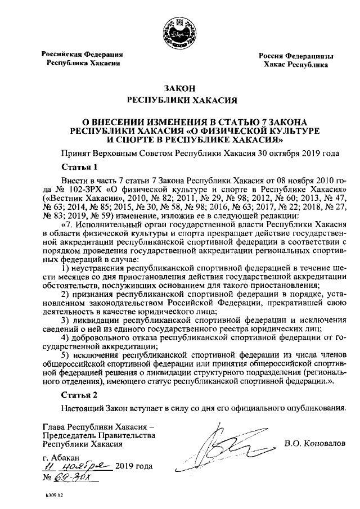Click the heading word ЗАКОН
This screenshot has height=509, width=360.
[x=179, y=88]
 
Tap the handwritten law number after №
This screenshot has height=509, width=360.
[x=76, y=478]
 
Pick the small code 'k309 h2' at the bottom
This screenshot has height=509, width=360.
[x=55, y=498]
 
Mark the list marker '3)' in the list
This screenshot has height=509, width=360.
[x=65, y=321]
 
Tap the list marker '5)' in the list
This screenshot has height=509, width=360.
[x=65, y=355]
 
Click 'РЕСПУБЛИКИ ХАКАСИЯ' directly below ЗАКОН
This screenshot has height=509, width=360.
[x=179, y=101]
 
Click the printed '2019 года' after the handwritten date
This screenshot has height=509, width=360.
[x=133, y=467]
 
